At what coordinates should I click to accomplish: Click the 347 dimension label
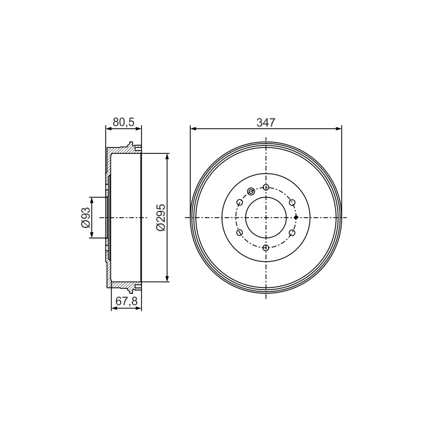tap(265, 122)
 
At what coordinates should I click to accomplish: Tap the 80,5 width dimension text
tap(124, 122)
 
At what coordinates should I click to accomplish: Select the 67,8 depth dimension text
tap(127, 301)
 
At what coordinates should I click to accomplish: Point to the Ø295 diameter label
tap(161, 217)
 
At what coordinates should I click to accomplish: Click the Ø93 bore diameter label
tap(85, 218)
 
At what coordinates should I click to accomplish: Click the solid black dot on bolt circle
tap(296, 218)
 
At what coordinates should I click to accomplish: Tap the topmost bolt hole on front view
tap(265, 187)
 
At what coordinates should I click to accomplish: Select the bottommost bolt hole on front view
tap(265, 248)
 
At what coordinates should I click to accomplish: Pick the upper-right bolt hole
tap(292, 203)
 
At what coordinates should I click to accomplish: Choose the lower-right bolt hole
tap(292, 233)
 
